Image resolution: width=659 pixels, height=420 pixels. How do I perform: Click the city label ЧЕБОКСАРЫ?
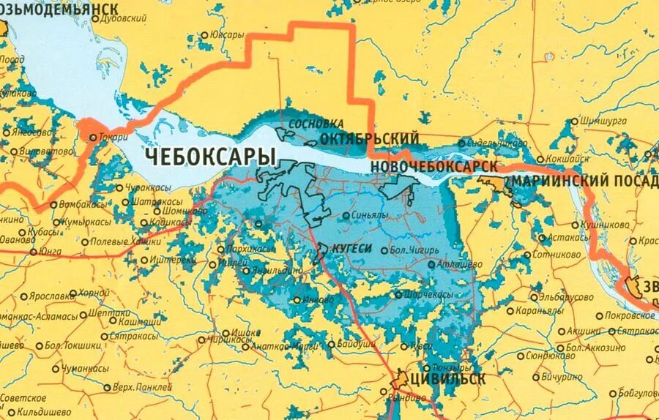point(210,157)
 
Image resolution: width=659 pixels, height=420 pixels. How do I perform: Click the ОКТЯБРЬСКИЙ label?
point(369,139)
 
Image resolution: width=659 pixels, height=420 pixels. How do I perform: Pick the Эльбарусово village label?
point(570,297)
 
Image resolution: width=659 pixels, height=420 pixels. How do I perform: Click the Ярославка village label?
point(51,296)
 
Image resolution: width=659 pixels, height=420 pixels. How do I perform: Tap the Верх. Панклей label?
point(143,386)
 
